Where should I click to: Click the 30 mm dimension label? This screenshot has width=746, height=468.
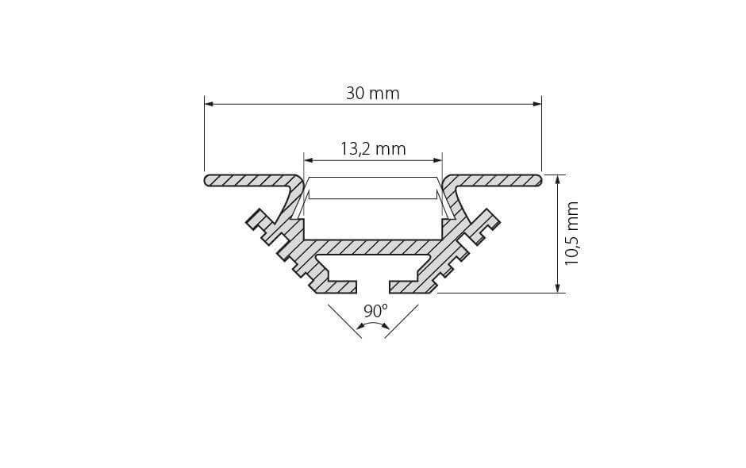[x=372, y=94]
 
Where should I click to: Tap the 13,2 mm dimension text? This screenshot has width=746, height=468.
[x=373, y=149]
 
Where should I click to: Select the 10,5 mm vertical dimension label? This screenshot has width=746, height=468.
[x=571, y=233]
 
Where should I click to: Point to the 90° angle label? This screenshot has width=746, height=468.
[x=376, y=311]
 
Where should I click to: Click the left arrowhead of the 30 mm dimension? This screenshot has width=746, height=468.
[x=209, y=104]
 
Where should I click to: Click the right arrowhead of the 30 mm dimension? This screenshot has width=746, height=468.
[x=537, y=104]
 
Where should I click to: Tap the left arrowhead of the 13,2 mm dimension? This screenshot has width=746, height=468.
[x=308, y=160]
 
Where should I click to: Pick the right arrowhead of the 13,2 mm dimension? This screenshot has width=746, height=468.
[x=438, y=160]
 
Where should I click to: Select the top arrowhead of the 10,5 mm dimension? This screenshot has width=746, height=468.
[x=557, y=179]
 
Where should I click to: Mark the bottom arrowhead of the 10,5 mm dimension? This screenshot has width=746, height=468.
[x=557, y=288]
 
